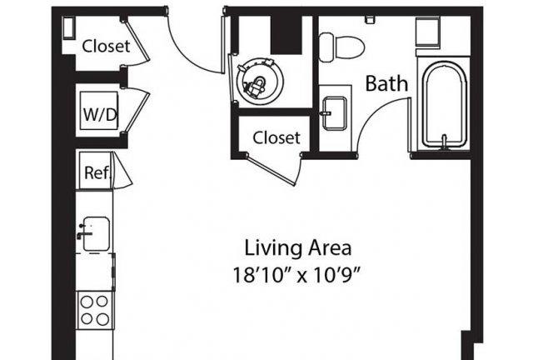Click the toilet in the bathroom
[341, 47]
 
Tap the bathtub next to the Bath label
[444, 104]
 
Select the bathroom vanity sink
[335, 113]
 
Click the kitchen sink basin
[97, 234]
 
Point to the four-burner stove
[95, 310]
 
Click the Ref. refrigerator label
[97, 172]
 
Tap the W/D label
[100, 114]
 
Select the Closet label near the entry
[106, 47]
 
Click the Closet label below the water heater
[276, 137]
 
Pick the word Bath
[386, 83]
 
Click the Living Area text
[298, 248]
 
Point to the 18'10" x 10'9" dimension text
[296, 275]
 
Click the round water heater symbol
[260, 82]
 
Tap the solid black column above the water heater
[286, 35]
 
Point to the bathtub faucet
[444, 142]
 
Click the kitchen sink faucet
[84, 232]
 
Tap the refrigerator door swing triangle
[122, 171]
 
